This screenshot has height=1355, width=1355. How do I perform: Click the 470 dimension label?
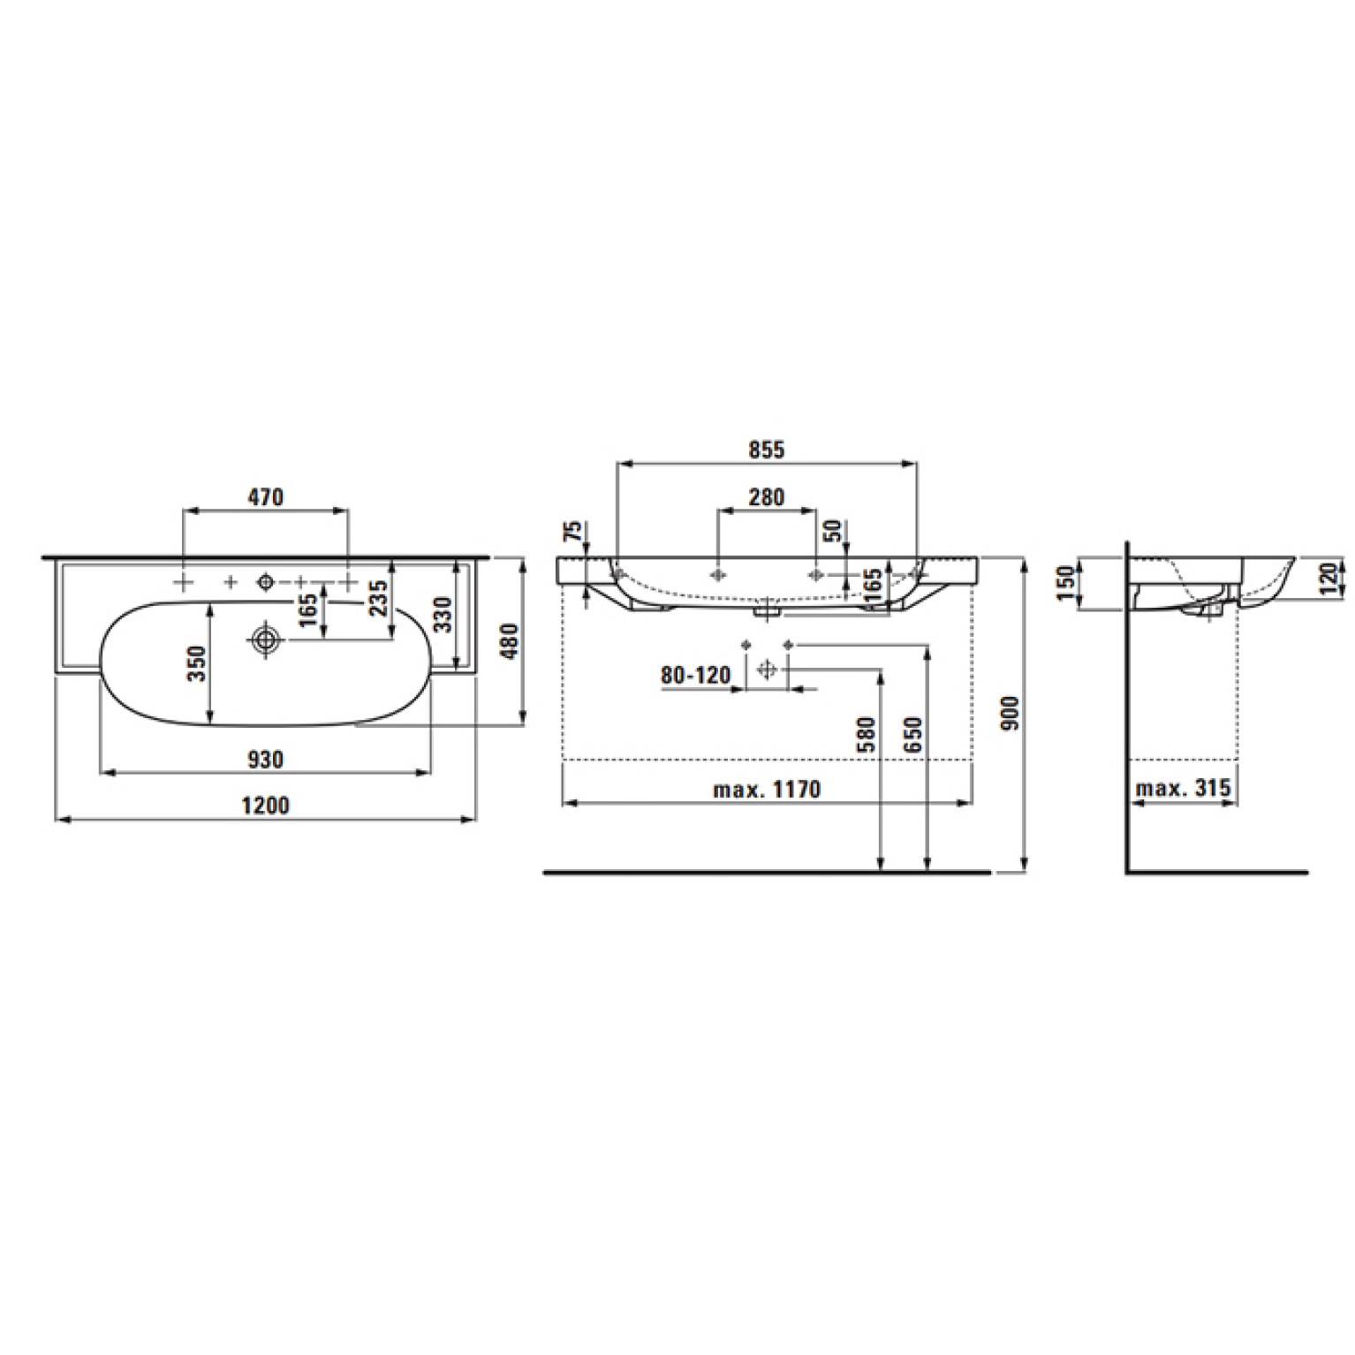265,497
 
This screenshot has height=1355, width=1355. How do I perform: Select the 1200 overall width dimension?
265,806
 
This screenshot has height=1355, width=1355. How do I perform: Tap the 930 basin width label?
265,760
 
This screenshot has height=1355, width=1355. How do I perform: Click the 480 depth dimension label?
510,642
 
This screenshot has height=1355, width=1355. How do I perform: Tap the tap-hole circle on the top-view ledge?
264,581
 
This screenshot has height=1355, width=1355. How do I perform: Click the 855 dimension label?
767,450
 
